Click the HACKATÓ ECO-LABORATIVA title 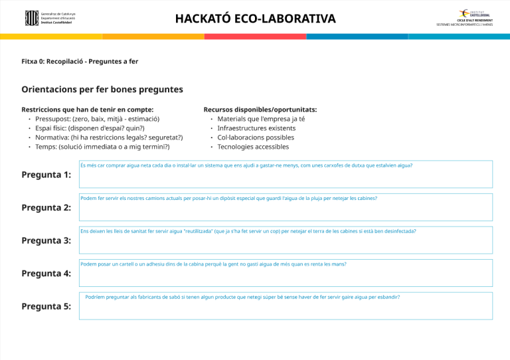[255, 18]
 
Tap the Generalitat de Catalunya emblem [31, 18]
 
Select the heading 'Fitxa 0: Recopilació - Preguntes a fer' [80, 62]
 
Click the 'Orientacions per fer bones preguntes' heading [102, 89]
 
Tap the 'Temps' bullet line [102, 147]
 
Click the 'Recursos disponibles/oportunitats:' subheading [260, 110]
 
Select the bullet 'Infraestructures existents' [256, 128]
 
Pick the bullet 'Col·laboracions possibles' [256, 137]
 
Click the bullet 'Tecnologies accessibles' [253, 147]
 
